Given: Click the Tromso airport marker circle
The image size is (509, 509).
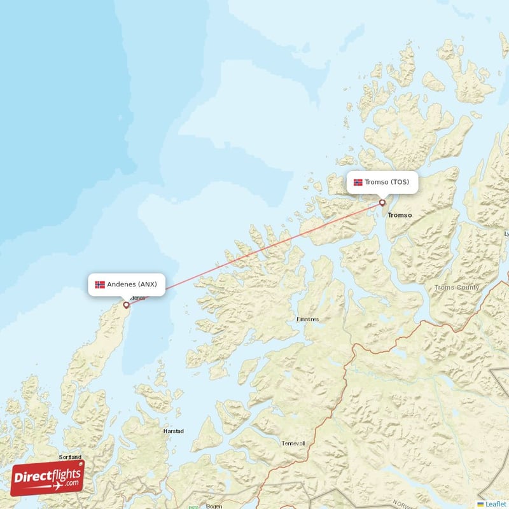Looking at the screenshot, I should point(382,203).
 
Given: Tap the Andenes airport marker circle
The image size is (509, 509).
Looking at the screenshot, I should point(126,305).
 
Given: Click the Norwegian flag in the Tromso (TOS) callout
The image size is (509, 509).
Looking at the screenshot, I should point(358,182).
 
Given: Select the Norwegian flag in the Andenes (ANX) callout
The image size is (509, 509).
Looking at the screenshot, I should point(100,284).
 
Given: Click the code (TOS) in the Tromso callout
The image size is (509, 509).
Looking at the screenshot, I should point(400,182).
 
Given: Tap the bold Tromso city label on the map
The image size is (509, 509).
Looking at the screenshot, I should point(400,215).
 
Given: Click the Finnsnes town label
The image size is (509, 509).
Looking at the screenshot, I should point(308,319).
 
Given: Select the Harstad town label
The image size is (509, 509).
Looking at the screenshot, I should point(174,431).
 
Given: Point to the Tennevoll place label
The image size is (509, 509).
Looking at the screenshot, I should point(294,443).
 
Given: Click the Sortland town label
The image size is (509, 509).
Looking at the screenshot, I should point(71,457).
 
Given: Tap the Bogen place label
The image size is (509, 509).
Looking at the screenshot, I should point(214,506).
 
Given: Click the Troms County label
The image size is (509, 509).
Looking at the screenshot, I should point(457,288).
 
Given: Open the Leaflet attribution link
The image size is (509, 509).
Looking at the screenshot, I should point(496,504).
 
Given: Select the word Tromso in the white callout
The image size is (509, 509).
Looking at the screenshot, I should point(377,182).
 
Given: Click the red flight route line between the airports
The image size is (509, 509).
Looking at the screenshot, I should point(254,254).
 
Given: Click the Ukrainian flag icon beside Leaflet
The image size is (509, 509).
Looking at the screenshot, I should point(480,504).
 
